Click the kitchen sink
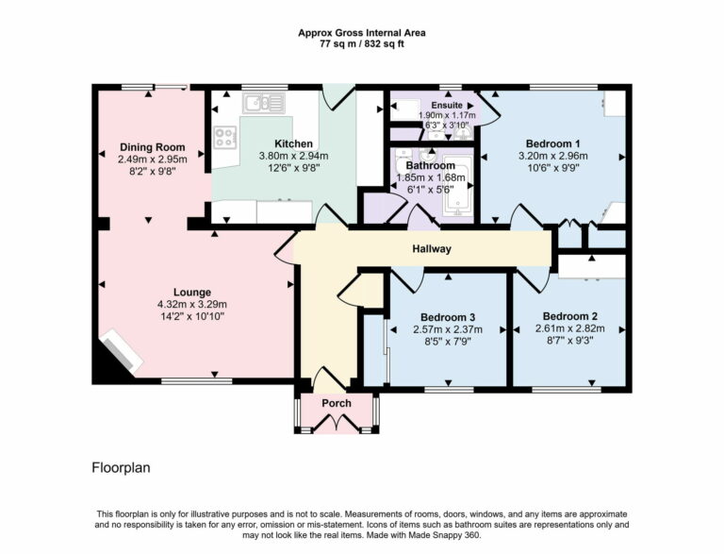256,102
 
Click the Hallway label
432,249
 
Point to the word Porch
337,403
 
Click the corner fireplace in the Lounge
120,352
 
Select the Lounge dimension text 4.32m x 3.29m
192,304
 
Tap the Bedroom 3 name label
448,317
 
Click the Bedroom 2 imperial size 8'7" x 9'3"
570,342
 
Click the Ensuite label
448,105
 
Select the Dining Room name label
152,147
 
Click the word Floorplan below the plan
121,467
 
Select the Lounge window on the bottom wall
196,381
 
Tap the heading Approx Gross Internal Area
361,32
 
